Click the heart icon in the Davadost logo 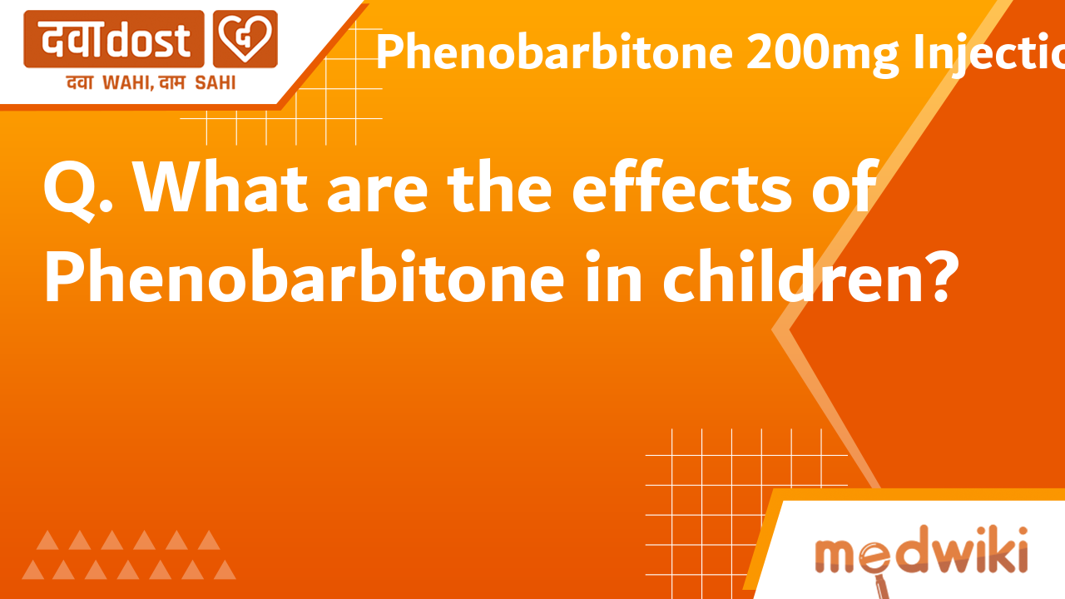(245, 39)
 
